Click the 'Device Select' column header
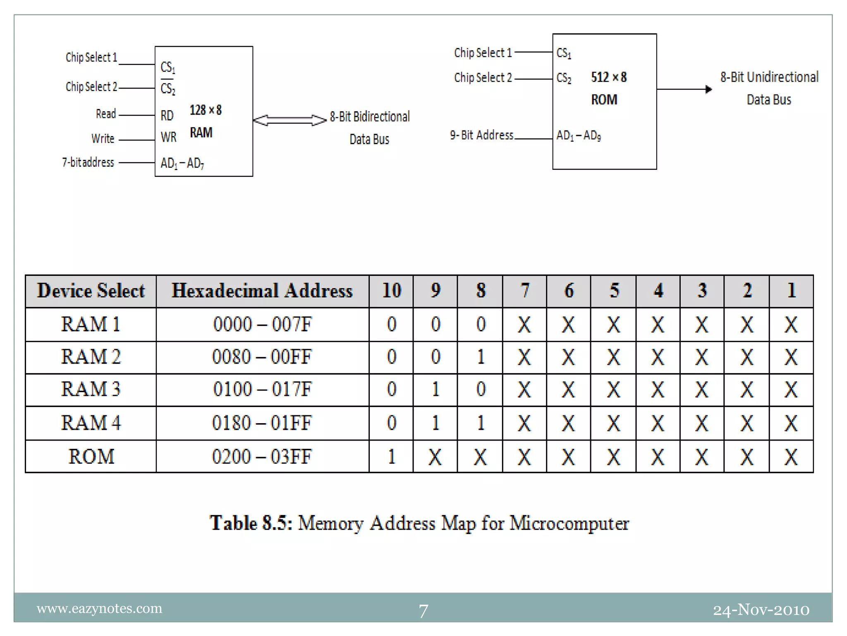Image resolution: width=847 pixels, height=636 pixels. click(91, 291)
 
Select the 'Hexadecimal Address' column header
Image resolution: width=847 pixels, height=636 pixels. click(262, 291)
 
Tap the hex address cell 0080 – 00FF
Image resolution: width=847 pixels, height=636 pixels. click(262, 357)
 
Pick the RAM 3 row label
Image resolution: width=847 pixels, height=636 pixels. click(91, 389)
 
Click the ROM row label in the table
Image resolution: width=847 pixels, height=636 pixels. click(91, 456)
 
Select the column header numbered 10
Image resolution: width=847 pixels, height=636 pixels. click(391, 291)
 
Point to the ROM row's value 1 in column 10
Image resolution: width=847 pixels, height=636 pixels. click(391, 456)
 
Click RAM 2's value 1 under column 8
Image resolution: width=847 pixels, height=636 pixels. click(480, 357)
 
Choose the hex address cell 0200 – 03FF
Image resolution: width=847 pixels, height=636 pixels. click(262, 456)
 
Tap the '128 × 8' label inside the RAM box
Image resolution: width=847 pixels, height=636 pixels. click(206, 110)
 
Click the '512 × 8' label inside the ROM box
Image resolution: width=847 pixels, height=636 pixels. click(609, 77)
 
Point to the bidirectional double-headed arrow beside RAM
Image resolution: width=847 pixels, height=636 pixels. click(290, 120)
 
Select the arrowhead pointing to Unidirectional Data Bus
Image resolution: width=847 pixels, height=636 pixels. click(708, 89)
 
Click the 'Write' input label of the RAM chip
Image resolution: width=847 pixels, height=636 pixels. click(103, 138)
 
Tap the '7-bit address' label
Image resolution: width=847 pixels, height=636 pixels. click(88, 162)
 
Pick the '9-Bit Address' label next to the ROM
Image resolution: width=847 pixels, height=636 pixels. click(481, 135)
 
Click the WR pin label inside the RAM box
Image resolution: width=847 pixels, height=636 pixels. click(168, 137)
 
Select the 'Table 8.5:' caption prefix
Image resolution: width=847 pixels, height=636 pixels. click(251, 523)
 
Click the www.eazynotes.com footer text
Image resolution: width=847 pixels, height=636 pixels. click(99, 609)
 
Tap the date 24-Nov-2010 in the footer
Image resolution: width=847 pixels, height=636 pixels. click(761, 610)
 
